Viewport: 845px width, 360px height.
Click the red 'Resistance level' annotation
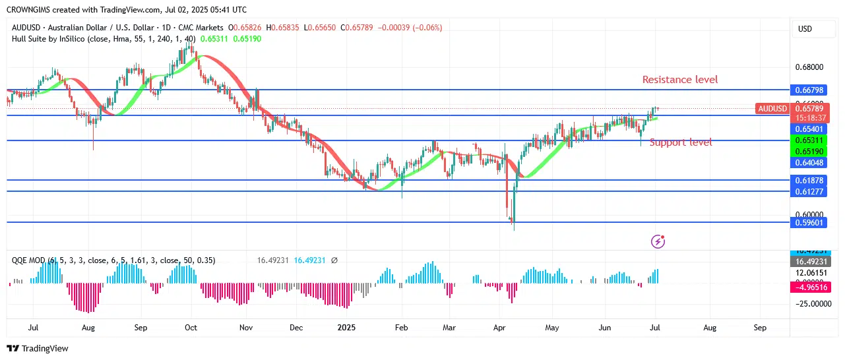pos(680,80)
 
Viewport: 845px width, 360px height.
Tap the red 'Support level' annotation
pos(681,142)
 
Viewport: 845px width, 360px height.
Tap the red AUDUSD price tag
pos(772,108)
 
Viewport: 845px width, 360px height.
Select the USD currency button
pos(805,29)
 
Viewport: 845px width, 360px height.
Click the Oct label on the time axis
pos(191,327)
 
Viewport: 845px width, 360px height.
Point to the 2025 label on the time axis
pos(346,327)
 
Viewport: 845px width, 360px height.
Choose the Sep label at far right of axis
pos(760,327)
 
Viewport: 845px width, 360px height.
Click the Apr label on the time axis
pos(499,327)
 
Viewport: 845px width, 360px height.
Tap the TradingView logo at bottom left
pos(38,348)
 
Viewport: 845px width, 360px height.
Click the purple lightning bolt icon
pos(658,241)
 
